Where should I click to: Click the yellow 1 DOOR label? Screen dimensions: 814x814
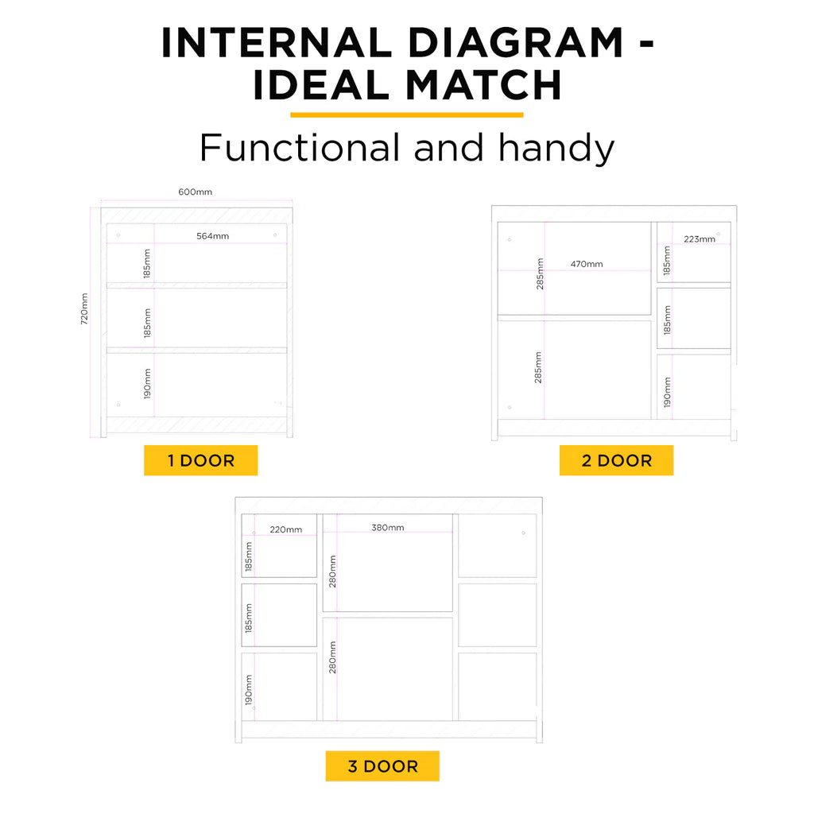click(x=201, y=460)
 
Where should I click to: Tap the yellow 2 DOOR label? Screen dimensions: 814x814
click(x=616, y=460)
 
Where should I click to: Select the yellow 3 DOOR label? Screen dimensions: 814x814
click(x=382, y=766)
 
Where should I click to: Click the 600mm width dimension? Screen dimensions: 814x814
click(x=196, y=192)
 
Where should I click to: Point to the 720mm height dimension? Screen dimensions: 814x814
click(x=84, y=309)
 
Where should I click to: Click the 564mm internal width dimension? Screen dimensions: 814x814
click(x=213, y=236)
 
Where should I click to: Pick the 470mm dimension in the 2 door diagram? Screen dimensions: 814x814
click(x=587, y=264)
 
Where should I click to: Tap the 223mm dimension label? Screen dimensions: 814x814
click(x=700, y=239)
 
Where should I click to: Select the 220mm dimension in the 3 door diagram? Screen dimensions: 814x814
click(x=286, y=530)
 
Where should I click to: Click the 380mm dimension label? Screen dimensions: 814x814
click(x=388, y=528)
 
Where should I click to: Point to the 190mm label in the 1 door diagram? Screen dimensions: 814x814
click(x=147, y=384)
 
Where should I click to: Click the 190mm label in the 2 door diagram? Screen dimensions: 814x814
click(x=667, y=392)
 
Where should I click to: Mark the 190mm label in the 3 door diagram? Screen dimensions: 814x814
click(x=249, y=690)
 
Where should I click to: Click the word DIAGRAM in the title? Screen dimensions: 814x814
click(x=516, y=43)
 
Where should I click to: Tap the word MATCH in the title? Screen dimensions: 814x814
click(x=483, y=84)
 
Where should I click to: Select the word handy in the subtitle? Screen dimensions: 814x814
click(x=556, y=148)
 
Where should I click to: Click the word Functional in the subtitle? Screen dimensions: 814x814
click(x=300, y=147)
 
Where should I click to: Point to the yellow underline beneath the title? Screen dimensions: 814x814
click(x=407, y=115)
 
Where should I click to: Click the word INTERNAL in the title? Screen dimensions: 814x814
click(x=276, y=43)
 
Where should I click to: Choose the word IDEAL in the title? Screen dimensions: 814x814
click(x=321, y=84)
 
